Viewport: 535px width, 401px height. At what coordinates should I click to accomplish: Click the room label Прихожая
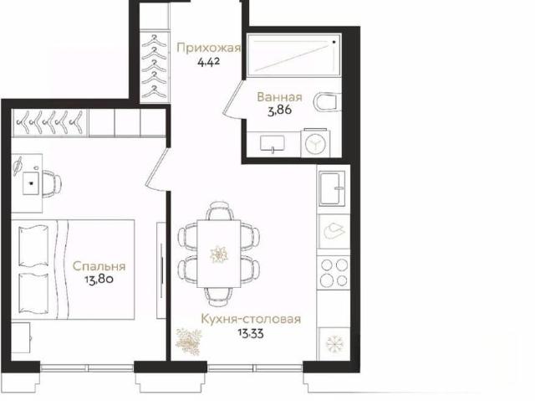208,49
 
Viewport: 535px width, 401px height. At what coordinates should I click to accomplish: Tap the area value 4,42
208,62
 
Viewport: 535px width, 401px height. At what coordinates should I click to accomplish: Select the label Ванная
279,97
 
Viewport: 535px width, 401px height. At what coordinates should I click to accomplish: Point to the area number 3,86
279,111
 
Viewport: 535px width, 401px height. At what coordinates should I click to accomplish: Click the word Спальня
99,266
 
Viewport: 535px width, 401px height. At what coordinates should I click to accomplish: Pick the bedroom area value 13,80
99,280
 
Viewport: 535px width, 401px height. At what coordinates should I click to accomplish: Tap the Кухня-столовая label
251,319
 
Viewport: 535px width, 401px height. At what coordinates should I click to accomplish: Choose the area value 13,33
251,333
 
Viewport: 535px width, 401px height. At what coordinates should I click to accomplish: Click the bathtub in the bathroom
294,54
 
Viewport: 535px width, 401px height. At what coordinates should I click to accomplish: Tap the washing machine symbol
316,143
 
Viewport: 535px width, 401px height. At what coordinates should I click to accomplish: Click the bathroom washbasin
273,143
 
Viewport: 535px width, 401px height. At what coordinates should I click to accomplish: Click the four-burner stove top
334,273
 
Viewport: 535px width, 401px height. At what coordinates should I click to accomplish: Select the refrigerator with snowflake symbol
334,343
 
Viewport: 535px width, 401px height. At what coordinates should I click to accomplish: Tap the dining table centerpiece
218,254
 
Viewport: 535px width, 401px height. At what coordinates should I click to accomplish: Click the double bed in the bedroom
73,270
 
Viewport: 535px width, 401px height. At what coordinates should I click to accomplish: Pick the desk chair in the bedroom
52,183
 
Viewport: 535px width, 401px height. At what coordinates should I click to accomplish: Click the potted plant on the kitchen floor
189,342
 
